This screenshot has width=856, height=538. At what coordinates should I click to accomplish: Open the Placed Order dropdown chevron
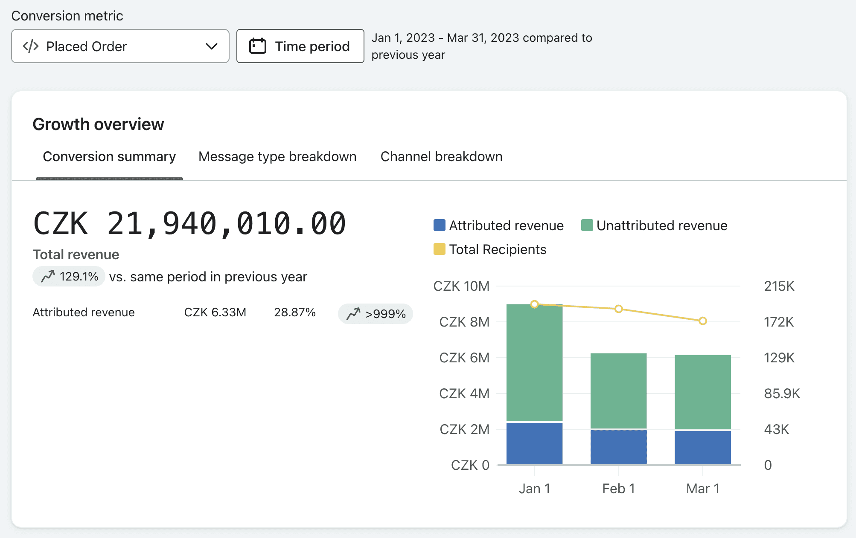pos(212,46)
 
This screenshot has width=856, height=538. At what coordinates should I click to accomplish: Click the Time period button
pos(300,46)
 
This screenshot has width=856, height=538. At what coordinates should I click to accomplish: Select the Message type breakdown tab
pos(277,156)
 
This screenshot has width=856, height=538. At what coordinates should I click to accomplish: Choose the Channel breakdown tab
pos(441,156)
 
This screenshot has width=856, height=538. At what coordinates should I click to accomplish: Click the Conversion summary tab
pos(109,156)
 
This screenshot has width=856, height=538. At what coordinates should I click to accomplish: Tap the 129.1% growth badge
pos(69,276)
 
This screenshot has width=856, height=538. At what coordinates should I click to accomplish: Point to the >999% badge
pos(376,314)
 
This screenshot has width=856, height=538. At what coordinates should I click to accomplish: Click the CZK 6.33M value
pos(215,312)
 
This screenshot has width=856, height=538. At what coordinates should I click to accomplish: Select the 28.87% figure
pos(295,312)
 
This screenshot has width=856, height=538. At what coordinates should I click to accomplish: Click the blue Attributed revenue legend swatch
pos(440,225)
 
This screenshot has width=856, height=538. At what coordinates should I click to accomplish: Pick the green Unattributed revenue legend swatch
pos(587,225)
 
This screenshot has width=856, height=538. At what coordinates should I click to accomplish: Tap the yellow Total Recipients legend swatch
pos(440,249)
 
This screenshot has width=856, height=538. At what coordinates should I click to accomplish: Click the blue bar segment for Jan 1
pos(534,443)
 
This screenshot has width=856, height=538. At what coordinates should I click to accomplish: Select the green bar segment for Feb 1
pos(619,391)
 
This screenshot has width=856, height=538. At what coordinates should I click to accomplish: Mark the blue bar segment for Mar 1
pos(703,448)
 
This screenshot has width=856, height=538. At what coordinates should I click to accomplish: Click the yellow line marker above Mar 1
pos(703,321)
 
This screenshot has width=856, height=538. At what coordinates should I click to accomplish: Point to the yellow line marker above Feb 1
pos(619,309)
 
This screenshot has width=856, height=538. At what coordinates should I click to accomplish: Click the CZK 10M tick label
pos(461,286)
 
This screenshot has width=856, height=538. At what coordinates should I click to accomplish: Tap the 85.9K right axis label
pos(782,393)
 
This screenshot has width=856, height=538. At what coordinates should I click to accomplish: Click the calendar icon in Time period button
pos(258,46)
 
